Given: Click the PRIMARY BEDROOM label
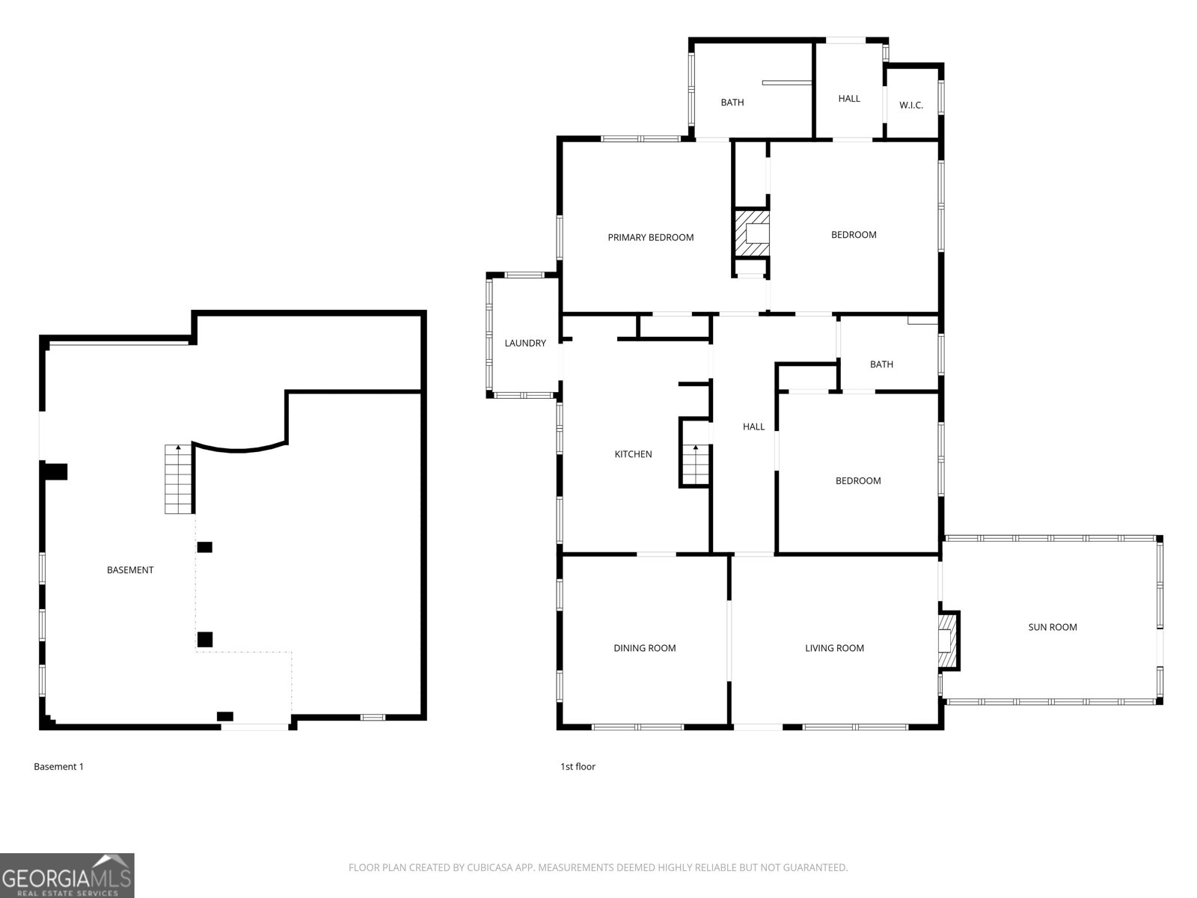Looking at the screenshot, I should [650, 238].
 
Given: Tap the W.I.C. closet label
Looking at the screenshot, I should [910, 106].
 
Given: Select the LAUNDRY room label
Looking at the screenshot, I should [524, 343].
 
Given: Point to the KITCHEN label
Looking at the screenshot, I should [633, 454].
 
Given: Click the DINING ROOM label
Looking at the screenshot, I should [644, 648].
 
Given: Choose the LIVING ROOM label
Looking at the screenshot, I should [834, 648].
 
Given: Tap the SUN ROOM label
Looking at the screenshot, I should [1052, 627].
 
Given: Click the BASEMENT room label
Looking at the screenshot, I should [129, 570].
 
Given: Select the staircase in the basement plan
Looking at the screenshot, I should [178, 480].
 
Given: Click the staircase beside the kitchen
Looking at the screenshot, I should [696, 465].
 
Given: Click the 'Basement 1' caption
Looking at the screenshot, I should [58, 767].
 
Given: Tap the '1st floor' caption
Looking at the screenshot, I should [578, 767].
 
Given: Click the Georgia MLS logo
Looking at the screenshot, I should [67, 875].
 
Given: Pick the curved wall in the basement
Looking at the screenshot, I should [239, 448].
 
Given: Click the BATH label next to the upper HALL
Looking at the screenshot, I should [732, 103].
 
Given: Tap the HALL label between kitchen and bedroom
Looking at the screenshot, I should [753, 427].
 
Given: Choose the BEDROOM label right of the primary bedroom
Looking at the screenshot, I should [853, 235].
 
